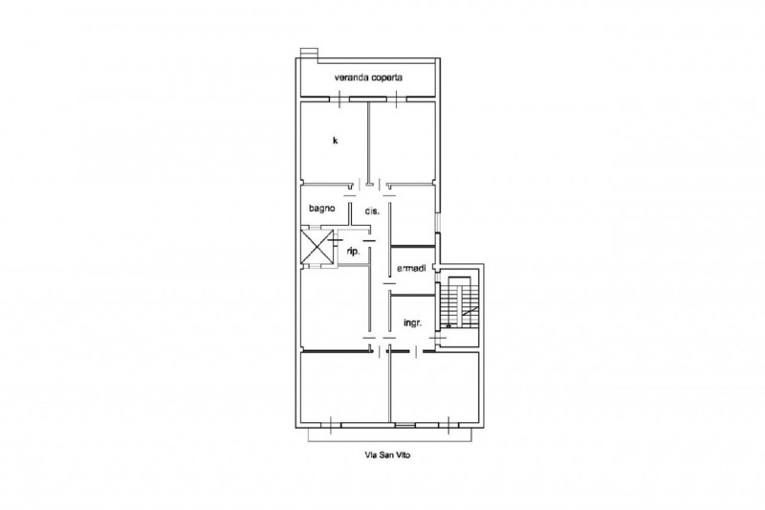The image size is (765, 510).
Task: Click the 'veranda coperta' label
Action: pyautogui.click(x=368, y=78)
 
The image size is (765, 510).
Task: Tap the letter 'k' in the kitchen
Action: pyautogui.click(x=336, y=141)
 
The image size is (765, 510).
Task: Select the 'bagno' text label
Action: pyautogui.click(x=322, y=209)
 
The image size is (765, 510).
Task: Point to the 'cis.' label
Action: pyautogui.click(x=372, y=211)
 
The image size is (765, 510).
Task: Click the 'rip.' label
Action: pyautogui.click(x=353, y=252)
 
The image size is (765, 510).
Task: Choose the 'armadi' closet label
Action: pyautogui.click(x=411, y=269)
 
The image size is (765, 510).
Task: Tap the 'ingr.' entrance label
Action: pyautogui.click(x=412, y=323)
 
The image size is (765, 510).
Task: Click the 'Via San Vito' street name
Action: pyautogui.click(x=388, y=455)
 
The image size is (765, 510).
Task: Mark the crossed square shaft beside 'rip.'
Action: pyautogui.click(x=317, y=247)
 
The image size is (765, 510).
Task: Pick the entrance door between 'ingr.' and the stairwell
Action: pyautogui.click(x=439, y=338)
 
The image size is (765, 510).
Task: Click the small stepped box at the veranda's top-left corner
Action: pyautogui.click(x=309, y=54)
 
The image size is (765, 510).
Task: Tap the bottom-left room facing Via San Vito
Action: pyautogui.click(x=344, y=387)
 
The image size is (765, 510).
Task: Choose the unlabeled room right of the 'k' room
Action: pyautogui.click(x=403, y=142)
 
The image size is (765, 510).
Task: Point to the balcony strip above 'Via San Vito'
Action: pyautogui.click(x=390, y=435)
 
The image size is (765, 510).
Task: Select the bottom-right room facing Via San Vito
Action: pyautogui.click(x=435, y=387)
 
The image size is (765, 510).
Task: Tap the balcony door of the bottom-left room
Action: pyautogui.click(x=331, y=425)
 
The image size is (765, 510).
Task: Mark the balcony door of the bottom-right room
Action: pyautogui.click(x=448, y=425)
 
